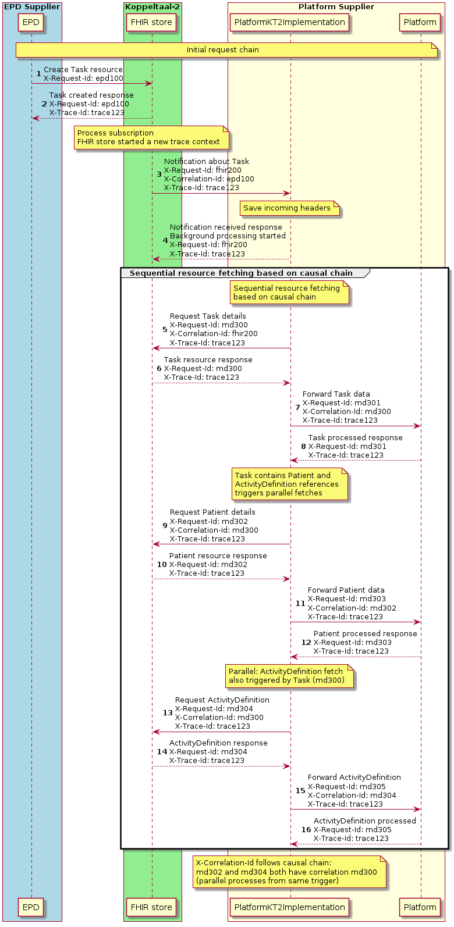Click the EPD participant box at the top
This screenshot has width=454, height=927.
click(31, 23)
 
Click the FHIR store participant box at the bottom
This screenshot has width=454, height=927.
click(151, 907)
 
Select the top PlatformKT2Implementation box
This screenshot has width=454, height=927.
click(289, 23)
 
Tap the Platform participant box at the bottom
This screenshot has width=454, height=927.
click(420, 907)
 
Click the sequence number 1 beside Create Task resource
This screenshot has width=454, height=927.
click(39, 74)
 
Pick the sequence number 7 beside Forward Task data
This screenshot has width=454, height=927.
click(297, 408)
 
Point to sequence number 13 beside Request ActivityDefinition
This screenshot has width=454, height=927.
click(168, 713)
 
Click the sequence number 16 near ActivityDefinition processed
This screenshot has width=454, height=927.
click(306, 830)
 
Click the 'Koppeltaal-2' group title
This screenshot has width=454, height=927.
click(152, 7)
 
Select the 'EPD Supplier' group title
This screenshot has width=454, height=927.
click(32, 7)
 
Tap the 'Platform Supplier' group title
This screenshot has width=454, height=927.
click(336, 7)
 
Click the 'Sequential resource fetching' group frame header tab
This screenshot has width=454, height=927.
click(241, 273)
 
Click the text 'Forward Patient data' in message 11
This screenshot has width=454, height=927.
click(346, 590)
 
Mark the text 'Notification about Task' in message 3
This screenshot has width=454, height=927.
click(206, 162)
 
